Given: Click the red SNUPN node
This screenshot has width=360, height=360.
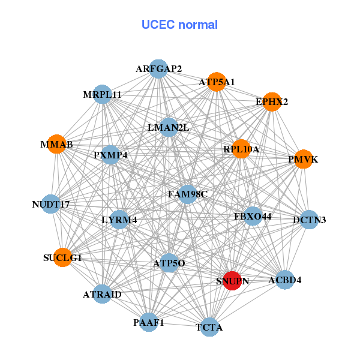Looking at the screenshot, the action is click(x=232, y=280).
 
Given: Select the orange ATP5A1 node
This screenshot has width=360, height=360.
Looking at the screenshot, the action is click(x=216, y=82).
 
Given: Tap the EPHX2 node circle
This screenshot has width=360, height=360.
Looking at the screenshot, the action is click(x=272, y=101).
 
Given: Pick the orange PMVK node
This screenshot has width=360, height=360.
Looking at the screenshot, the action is click(x=304, y=159).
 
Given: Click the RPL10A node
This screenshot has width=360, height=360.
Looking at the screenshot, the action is click(x=241, y=149).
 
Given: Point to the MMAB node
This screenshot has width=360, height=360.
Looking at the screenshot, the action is click(x=56, y=145).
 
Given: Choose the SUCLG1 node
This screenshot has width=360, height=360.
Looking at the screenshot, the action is click(x=63, y=257).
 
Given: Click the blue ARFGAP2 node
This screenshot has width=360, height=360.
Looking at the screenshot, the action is click(x=158, y=68).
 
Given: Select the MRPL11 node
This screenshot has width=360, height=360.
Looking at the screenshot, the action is click(x=103, y=94).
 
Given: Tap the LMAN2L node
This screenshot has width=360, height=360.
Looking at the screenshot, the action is click(x=169, y=127).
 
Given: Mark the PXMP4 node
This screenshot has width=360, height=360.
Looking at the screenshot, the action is click(x=111, y=155).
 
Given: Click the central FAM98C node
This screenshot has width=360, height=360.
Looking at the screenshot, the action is click(x=188, y=194).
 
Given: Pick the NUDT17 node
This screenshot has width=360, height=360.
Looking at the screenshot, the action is click(x=51, y=205).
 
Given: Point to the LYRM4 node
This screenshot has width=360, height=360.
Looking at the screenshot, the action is click(x=119, y=220).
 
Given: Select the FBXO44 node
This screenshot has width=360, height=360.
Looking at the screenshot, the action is click(x=253, y=216).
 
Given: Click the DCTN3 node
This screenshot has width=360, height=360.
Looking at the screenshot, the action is click(x=309, y=220).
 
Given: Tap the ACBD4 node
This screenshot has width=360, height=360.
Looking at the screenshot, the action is click(x=285, y=280).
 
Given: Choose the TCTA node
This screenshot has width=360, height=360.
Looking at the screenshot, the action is click(x=209, y=327).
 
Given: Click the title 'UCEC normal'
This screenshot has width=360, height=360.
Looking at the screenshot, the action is click(x=179, y=25).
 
